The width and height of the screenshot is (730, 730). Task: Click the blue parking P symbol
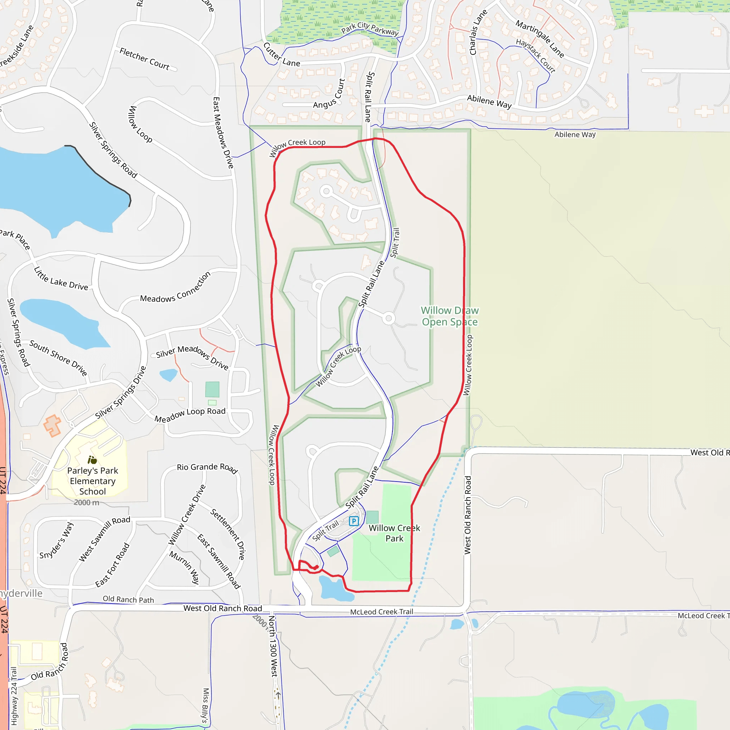(354, 521)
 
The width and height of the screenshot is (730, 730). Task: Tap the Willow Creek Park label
(394, 533)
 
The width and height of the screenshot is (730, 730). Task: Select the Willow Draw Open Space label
(449, 316)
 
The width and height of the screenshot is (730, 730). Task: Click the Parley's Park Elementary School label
(93, 480)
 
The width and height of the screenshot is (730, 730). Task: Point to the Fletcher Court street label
(145, 58)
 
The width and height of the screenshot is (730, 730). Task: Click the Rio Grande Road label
(207, 468)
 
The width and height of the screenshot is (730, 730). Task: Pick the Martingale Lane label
(540, 39)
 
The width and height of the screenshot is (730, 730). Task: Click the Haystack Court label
(536, 56)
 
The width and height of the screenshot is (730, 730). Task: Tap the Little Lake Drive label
(61, 279)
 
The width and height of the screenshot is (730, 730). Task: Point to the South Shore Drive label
(58, 358)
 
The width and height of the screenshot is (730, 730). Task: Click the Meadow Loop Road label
(190, 415)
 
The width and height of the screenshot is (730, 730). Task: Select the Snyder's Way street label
(57, 540)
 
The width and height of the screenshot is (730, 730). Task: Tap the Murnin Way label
(184, 567)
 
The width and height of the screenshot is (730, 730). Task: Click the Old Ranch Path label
(128, 599)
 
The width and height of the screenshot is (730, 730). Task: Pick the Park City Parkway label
(370, 29)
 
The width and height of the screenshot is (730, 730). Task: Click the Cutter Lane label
(282, 55)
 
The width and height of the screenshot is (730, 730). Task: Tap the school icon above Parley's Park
(92, 460)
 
